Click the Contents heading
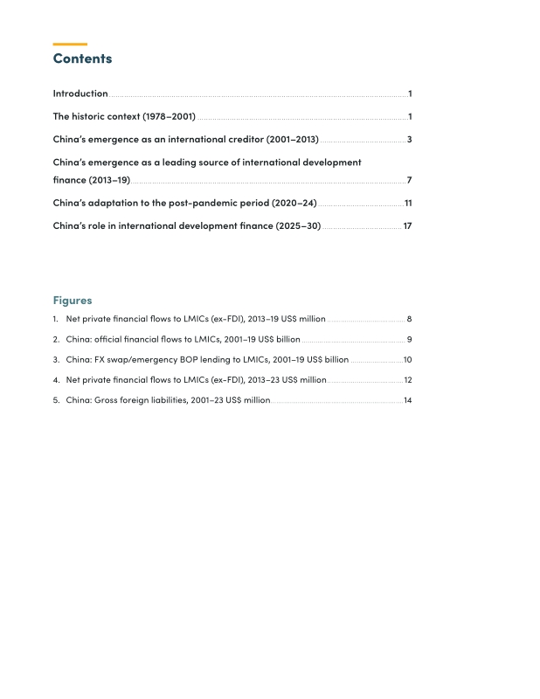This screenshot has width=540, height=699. click(82, 59)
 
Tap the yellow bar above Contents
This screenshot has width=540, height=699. click(70, 44)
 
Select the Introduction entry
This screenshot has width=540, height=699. click(80, 93)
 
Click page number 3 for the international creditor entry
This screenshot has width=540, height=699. click(409, 140)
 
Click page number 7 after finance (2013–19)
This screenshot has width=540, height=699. click(409, 180)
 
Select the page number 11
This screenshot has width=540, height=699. click(407, 203)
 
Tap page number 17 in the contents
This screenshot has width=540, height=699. click(407, 225)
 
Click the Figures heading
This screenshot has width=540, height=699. click(73, 300)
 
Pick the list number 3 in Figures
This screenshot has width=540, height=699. click(55, 359)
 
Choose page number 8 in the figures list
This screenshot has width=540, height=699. click(409, 319)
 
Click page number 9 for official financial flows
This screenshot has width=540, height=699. click(409, 339)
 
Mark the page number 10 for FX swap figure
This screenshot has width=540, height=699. click(407, 359)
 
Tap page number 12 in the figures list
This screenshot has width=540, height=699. click(407, 380)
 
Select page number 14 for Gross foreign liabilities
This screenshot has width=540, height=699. click(407, 400)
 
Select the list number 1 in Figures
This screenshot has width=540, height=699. click(55, 319)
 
